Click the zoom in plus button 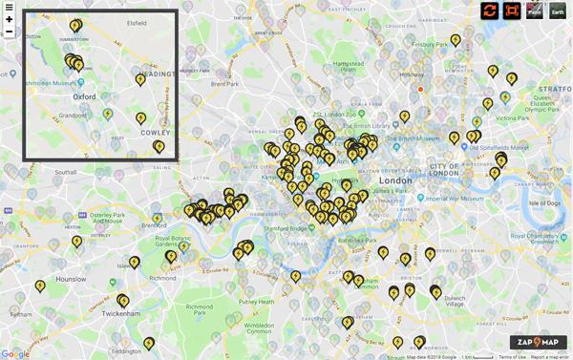(9, 19)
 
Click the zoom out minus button (9, 32)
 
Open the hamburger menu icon (9, 7)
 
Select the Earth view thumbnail (557, 11)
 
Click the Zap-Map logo (538, 342)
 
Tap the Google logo (15, 353)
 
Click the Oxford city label (85, 96)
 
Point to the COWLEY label (156, 133)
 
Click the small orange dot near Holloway (419, 89)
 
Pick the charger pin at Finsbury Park (456, 40)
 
